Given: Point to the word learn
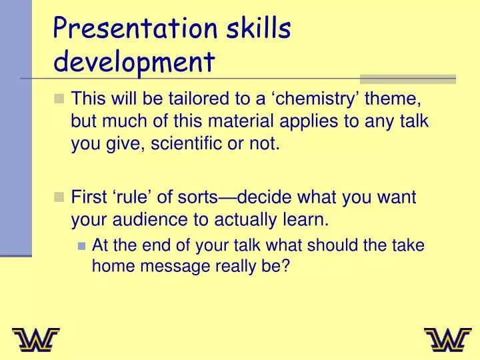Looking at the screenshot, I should (306, 219).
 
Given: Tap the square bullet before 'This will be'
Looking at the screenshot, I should (59, 99).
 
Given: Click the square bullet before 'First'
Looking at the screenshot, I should (59, 197).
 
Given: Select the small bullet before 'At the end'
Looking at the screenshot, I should (81, 245).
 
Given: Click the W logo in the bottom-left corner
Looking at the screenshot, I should (35, 340).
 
